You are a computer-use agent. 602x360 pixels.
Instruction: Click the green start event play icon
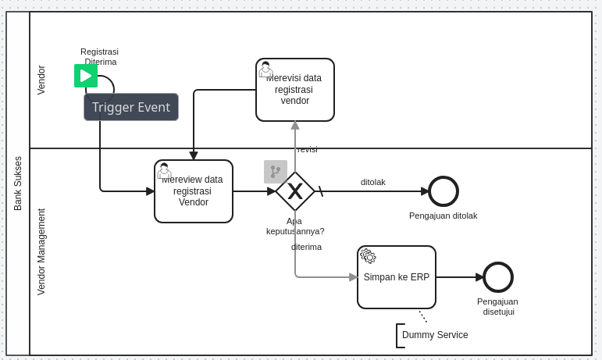point(86,76)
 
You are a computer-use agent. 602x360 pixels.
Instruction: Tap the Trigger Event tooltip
point(131,107)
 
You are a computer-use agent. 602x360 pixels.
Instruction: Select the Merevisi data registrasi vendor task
point(295,90)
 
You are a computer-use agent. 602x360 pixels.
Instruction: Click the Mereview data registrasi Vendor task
point(194,191)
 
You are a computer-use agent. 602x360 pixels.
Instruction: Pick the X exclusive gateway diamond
point(295,191)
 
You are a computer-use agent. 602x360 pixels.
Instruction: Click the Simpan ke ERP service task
point(397,277)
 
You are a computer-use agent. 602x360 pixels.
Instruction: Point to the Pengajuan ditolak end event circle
point(443,191)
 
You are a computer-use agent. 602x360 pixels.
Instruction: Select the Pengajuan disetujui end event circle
point(498,277)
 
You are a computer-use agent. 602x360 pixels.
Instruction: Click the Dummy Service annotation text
point(435,335)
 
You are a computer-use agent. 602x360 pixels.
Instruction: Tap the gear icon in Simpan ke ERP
point(369,256)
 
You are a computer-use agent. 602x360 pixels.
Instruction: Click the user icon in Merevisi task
point(265,69)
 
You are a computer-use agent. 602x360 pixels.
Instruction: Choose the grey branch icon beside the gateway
point(276,172)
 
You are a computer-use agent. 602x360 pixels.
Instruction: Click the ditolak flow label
point(373,182)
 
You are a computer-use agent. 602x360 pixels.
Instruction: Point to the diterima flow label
point(306,247)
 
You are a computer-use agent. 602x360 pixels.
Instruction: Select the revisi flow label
point(308,149)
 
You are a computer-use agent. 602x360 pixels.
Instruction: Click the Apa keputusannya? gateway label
point(295,226)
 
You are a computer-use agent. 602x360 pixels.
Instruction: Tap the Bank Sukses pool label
point(18,184)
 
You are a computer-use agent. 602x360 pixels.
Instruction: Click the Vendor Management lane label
point(41,251)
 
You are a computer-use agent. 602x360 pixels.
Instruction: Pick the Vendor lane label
point(41,80)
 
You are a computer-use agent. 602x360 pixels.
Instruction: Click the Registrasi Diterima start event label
point(100,56)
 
